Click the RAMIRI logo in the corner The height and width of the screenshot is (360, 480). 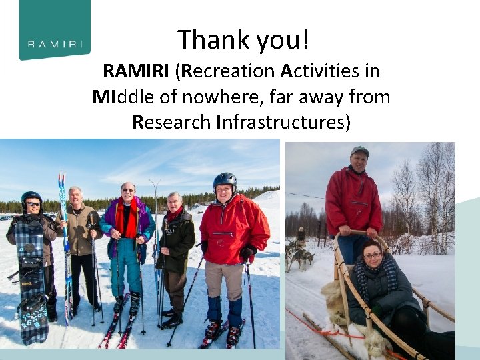pos(55,29)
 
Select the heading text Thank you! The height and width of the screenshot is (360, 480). pos(243,40)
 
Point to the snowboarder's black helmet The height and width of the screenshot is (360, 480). pos(31,197)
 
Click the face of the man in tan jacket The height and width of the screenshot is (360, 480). pos(75,197)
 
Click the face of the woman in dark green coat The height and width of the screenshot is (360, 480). pos(174,202)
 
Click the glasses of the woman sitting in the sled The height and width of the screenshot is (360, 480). pos(373,255)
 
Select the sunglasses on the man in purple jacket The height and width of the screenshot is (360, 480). pos(127,190)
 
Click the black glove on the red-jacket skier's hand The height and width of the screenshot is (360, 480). pos(248,253)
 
